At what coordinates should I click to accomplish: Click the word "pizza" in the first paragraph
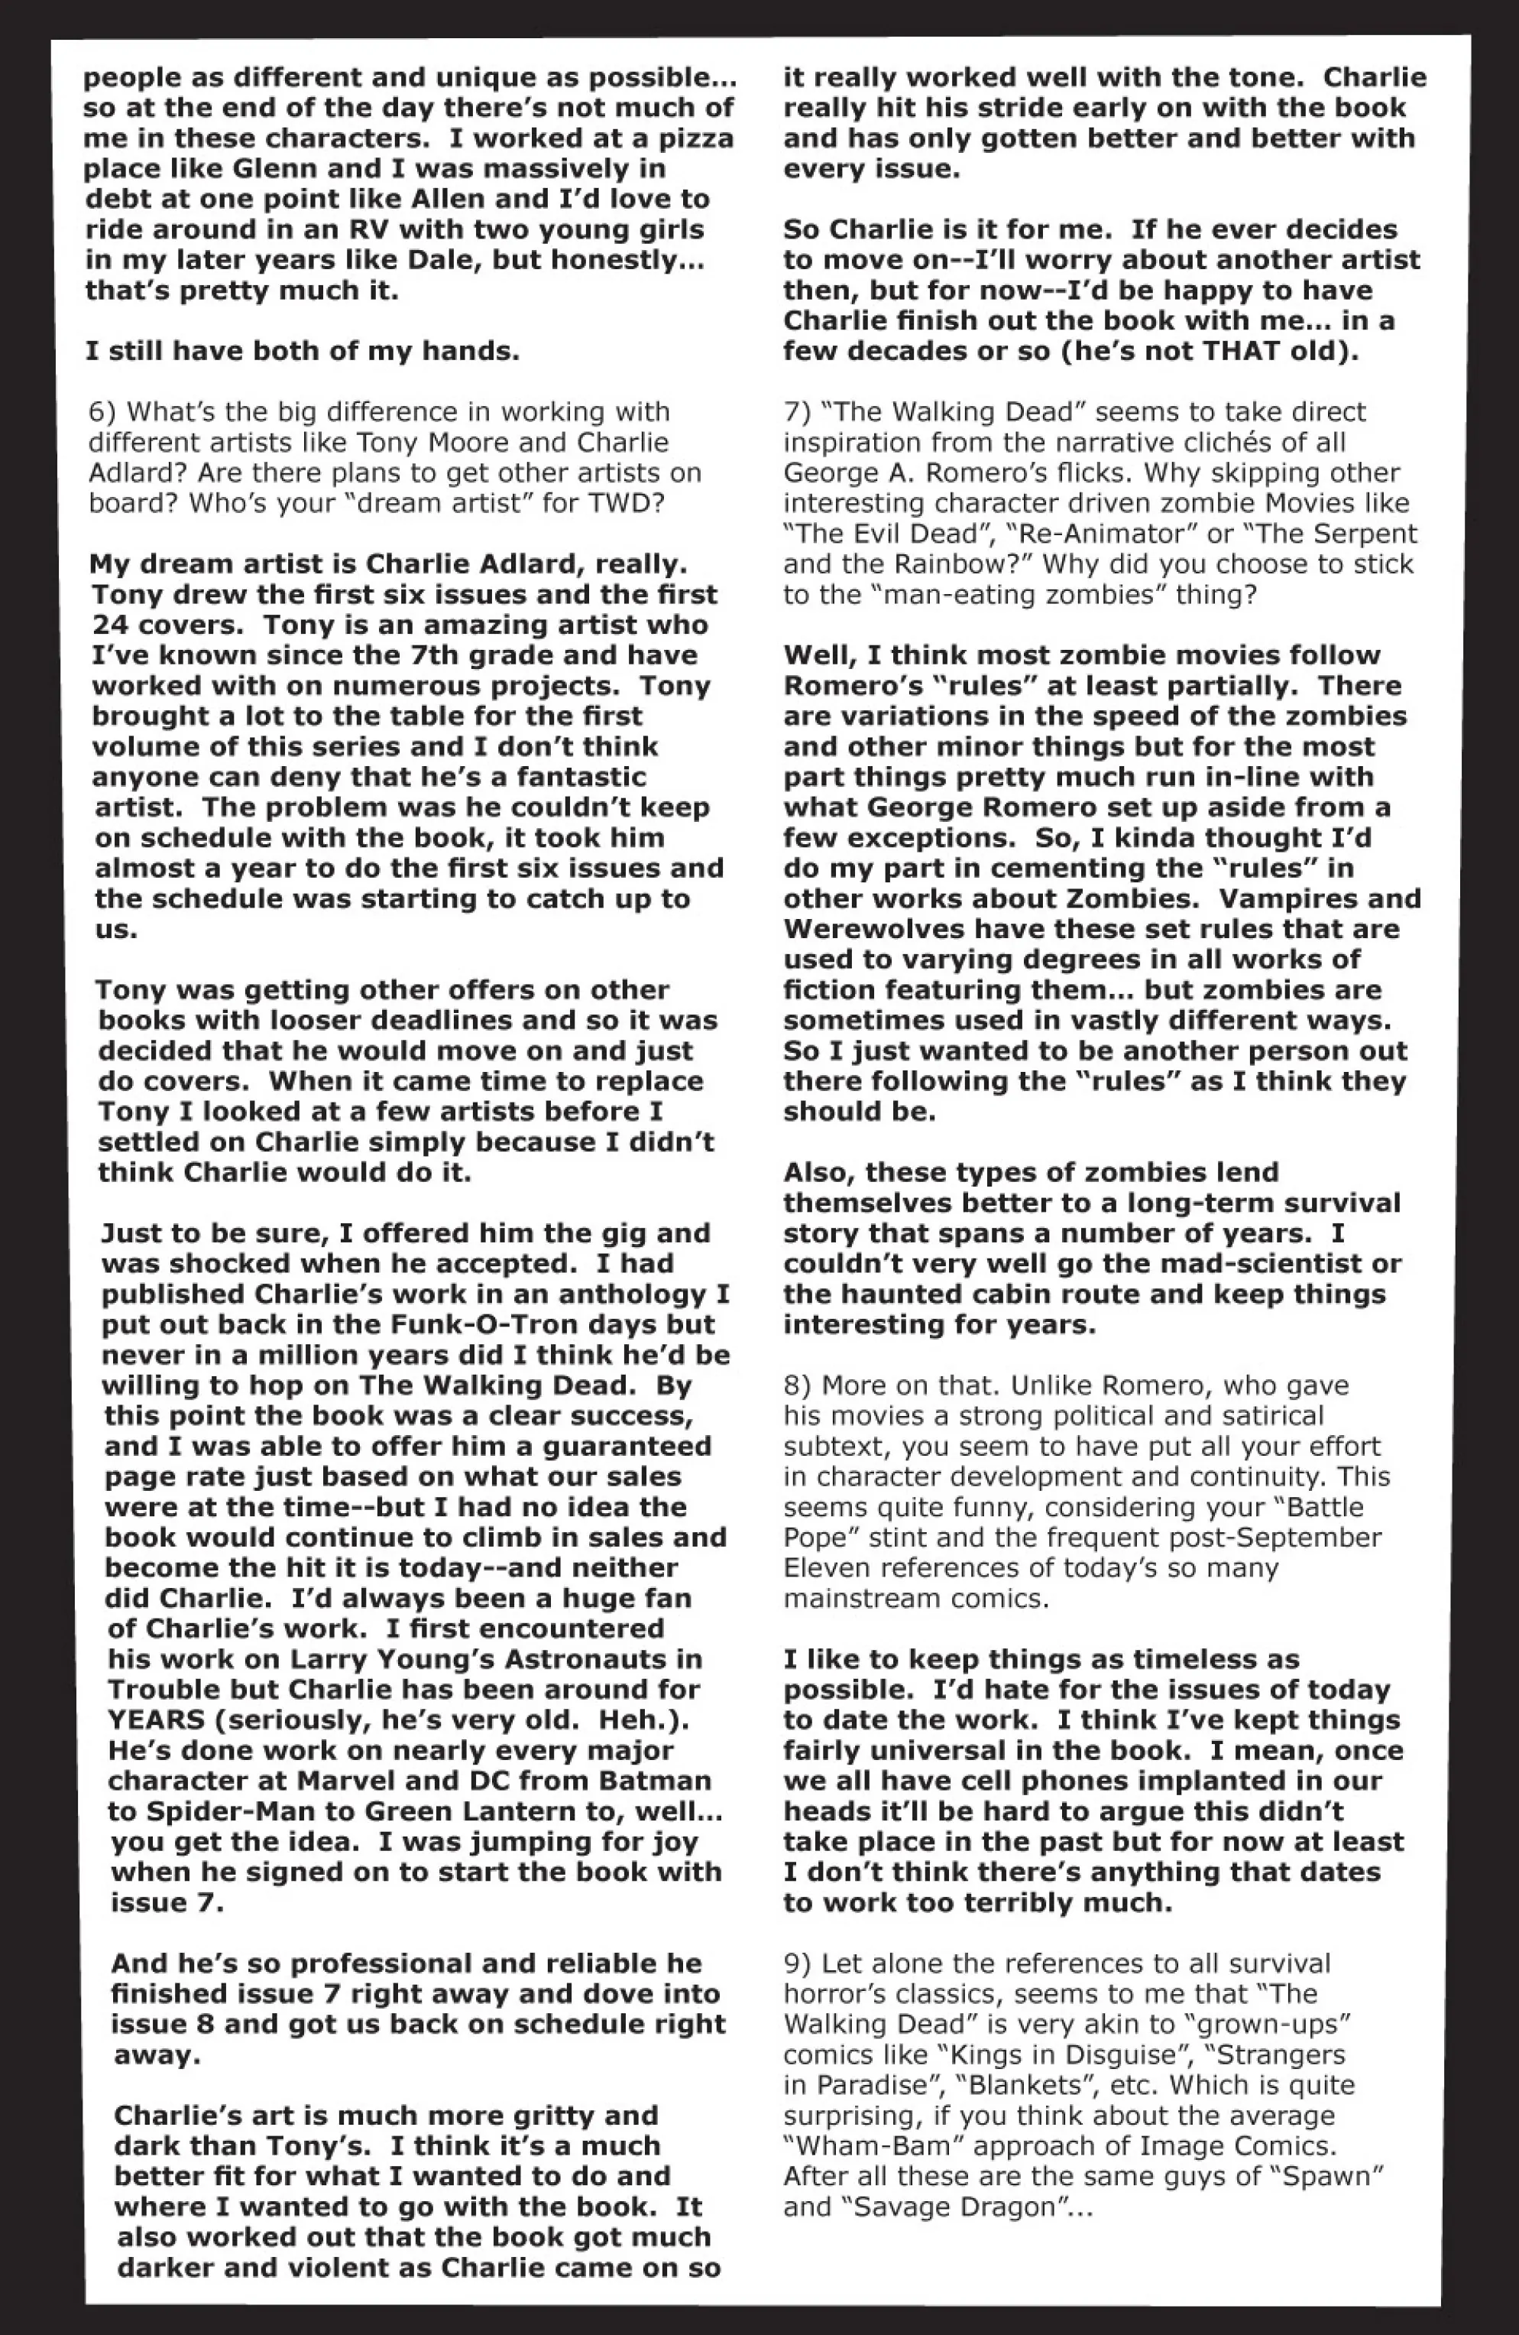click(693, 138)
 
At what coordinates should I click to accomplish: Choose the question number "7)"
click(797, 412)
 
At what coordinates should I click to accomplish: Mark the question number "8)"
click(797, 1385)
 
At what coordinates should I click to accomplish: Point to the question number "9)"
click(797, 1963)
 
